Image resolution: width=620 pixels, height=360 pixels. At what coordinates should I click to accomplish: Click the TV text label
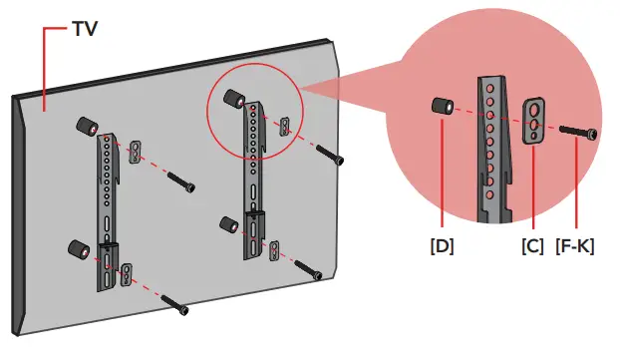85,31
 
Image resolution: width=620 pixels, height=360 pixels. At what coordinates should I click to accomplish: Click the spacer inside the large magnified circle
443,107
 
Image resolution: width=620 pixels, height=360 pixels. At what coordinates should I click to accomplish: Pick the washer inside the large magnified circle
535,121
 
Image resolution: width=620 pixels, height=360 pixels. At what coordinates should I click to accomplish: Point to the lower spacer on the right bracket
227,225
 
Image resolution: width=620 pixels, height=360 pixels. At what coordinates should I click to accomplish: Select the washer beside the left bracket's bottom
127,275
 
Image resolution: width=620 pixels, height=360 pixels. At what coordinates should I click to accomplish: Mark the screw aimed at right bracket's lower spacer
310,270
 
